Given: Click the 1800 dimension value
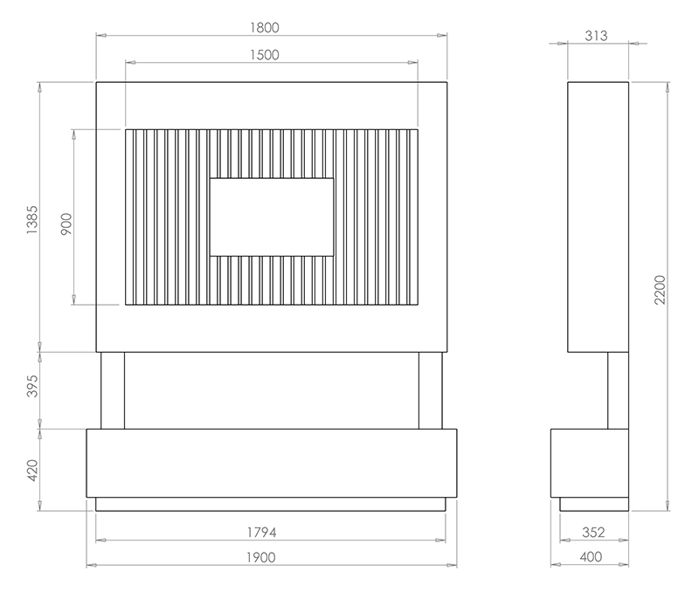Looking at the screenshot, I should pyautogui.click(x=264, y=27).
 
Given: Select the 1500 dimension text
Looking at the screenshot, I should pyautogui.click(x=264, y=54).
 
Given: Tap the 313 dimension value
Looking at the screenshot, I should pyautogui.click(x=598, y=36).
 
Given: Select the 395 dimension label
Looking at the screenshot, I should pyautogui.click(x=33, y=390).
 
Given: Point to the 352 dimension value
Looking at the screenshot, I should pyautogui.click(x=593, y=532).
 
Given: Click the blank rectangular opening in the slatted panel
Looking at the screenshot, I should pyautogui.click(x=272, y=217).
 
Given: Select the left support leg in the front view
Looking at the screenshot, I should pyautogui.click(x=113, y=390).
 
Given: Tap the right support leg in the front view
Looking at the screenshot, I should pyautogui.click(x=431, y=390).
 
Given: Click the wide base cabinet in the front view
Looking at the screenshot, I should pyautogui.click(x=271, y=463).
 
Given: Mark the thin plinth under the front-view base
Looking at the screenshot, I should pyautogui.click(x=271, y=504).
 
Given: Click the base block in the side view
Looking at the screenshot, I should pyautogui.click(x=590, y=463).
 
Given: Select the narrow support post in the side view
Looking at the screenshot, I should pyautogui.click(x=618, y=390).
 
